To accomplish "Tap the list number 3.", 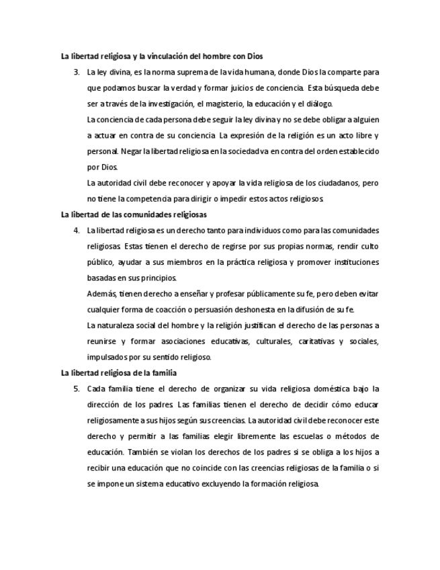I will pos(77,72).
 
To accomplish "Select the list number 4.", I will pos(77,231).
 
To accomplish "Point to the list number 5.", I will pos(77,389).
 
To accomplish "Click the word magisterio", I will pos(226,104).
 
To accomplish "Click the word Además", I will pos(101,294).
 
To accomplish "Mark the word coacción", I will pos(176,309).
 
